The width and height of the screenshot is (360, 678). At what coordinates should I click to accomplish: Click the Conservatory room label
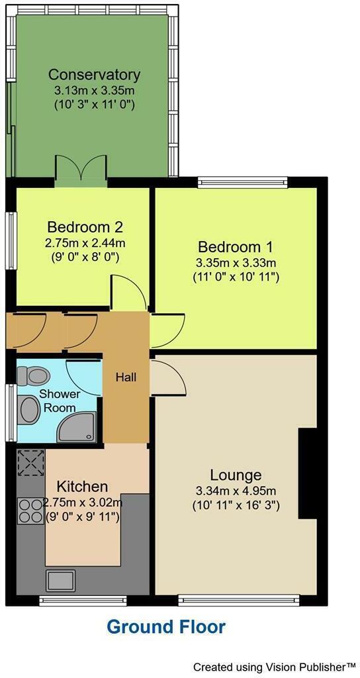[x=94, y=74]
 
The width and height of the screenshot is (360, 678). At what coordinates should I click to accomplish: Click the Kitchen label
[x=82, y=487]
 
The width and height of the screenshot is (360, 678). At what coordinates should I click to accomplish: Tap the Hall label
[x=126, y=377]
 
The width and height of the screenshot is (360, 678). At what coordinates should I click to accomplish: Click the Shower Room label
[x=60, y=401]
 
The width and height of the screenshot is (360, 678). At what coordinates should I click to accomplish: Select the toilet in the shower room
[x=34, y=376]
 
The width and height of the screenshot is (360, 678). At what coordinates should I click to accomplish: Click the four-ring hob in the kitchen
[x=30, y=510]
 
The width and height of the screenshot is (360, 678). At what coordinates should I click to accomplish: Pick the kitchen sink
[x=60, y=580]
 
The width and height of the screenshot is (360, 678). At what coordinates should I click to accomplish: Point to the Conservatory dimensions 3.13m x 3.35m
[x=94, y=90]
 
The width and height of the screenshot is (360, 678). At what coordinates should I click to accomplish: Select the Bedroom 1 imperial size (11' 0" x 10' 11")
[x=236, y=277]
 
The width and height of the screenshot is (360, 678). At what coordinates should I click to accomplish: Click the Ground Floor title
[x=166, y=626]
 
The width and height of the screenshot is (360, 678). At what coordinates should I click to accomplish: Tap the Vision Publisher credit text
[x=275, y=665]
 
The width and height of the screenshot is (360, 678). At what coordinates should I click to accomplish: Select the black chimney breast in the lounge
[x=308, y=473]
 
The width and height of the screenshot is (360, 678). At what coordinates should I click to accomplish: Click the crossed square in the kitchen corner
[x=30, y=462]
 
